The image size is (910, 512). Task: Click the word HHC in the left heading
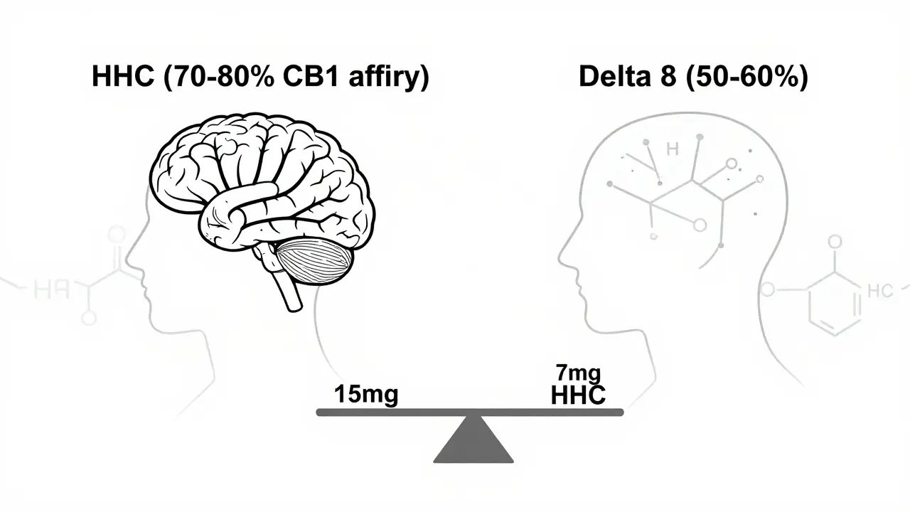tap(123, 78)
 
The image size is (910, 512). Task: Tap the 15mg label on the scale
tap(365, 394)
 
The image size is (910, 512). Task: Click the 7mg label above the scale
tap(579, 372)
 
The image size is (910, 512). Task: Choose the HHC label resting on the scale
tap(579, 395)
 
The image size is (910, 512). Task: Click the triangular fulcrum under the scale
tap(473, 441)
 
